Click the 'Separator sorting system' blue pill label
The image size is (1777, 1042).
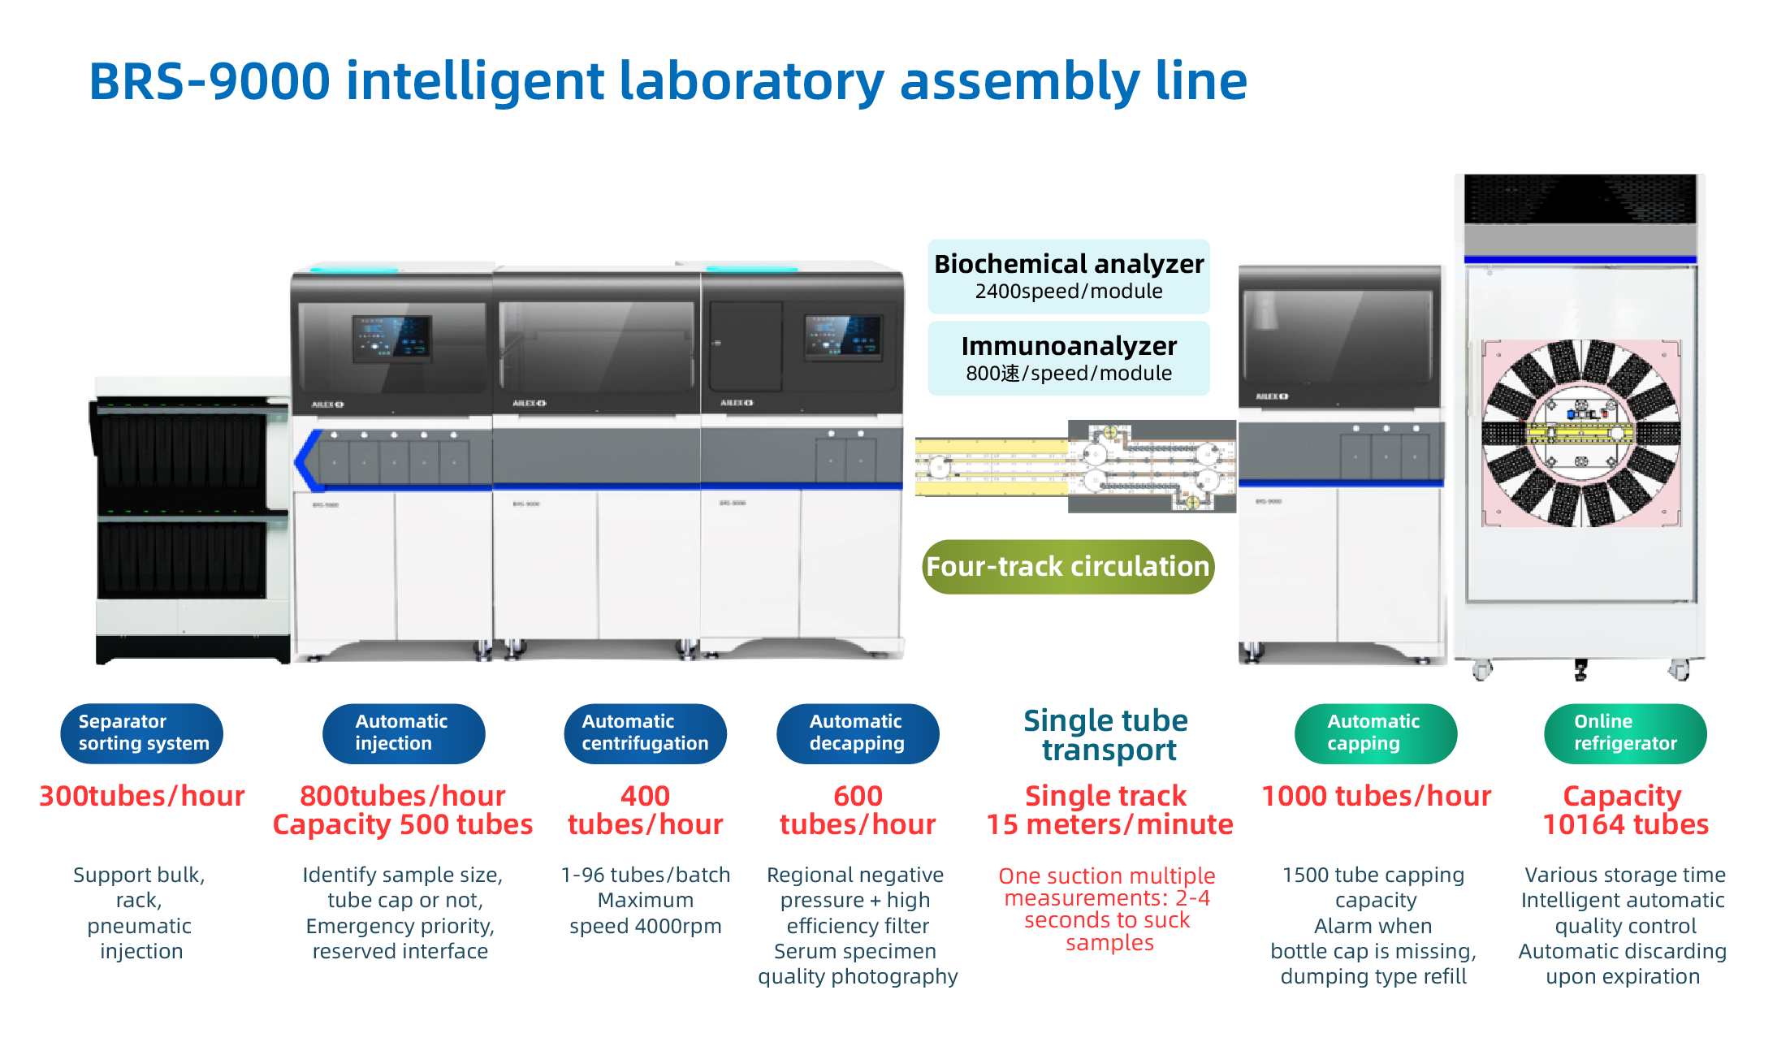(141, 733)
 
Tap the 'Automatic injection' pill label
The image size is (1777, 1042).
(403, 733)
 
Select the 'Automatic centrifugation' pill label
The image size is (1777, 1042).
(645, 733)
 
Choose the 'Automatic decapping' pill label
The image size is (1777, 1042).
(857, 733)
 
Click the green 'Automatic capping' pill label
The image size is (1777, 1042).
(1374, 733)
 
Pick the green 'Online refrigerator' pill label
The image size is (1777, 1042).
(1624, 733)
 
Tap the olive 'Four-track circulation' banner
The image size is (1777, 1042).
(1067, 566)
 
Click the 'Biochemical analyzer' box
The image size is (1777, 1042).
(1068, 276)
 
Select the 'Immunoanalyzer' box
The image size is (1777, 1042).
(1068, 358)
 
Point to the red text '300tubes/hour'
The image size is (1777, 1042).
(141, 796)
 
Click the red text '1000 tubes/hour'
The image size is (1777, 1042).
(1376, 796)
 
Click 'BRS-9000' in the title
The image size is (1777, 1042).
(210, 81)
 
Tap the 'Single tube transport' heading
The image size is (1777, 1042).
(1106, 735)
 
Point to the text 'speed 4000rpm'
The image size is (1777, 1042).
(645, 926)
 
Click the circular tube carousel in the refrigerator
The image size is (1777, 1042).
(1580, 433)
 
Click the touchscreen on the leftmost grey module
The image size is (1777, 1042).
(391, 338)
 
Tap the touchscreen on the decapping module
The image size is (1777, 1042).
(843, 337)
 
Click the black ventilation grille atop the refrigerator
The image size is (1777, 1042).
(1580, 199)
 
